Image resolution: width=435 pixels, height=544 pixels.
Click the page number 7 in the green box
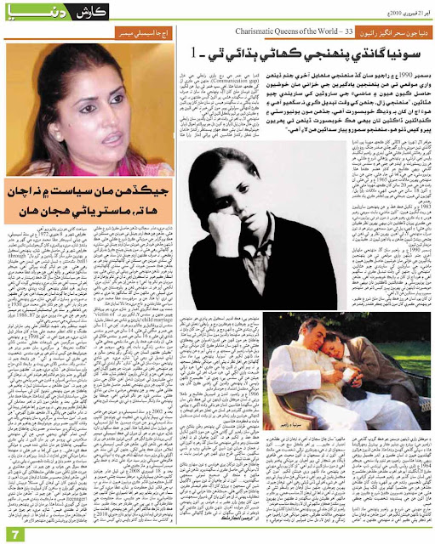[14, 532]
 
